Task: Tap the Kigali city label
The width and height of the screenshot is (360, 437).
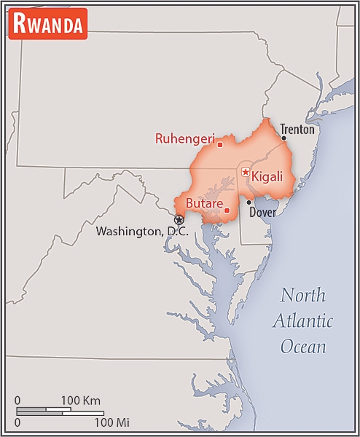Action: click(x=269, y=176)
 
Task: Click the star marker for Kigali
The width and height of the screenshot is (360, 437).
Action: click(x=246, y=173)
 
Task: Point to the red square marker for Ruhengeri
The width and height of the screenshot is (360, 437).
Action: click(x=219, y=144)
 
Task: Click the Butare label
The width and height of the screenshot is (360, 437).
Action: click(x=204, y=203)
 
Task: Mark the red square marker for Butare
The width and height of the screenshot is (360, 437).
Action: click(x=227, y=211)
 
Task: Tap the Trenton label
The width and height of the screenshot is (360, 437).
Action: click(x=297, y=130)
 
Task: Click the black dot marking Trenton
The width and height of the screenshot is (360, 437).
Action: click(x=283, y=138)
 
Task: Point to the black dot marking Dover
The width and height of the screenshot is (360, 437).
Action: click(x=249, y=202)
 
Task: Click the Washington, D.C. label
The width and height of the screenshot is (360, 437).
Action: click(x=142, y=232)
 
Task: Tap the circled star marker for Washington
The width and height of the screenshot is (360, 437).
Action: click(x=179, y=219)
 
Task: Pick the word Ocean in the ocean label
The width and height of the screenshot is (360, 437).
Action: click(x=305, y=346)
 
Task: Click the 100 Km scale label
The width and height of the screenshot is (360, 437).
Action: click(x=80, y=400)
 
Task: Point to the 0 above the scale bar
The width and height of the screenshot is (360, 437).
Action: click(x=18, y=400)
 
